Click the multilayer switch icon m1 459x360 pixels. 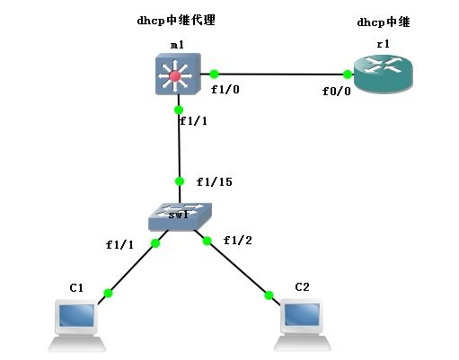178,74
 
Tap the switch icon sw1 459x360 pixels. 181,217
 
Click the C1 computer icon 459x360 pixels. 76,325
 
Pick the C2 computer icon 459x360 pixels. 303,324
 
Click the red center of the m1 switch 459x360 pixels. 175,76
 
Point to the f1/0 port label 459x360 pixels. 225,89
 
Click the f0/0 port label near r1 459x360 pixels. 337,91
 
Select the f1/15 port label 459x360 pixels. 215,181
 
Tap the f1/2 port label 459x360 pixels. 238,240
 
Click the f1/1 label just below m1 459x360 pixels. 193,120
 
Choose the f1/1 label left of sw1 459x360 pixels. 119,245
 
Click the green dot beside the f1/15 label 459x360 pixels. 180,181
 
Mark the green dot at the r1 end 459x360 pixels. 348,75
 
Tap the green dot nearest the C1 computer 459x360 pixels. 109,294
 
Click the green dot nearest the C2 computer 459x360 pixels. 269,295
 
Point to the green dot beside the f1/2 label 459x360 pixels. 207,241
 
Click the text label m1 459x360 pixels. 177,45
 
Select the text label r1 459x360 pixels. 384,44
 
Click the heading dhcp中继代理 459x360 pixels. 176,21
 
